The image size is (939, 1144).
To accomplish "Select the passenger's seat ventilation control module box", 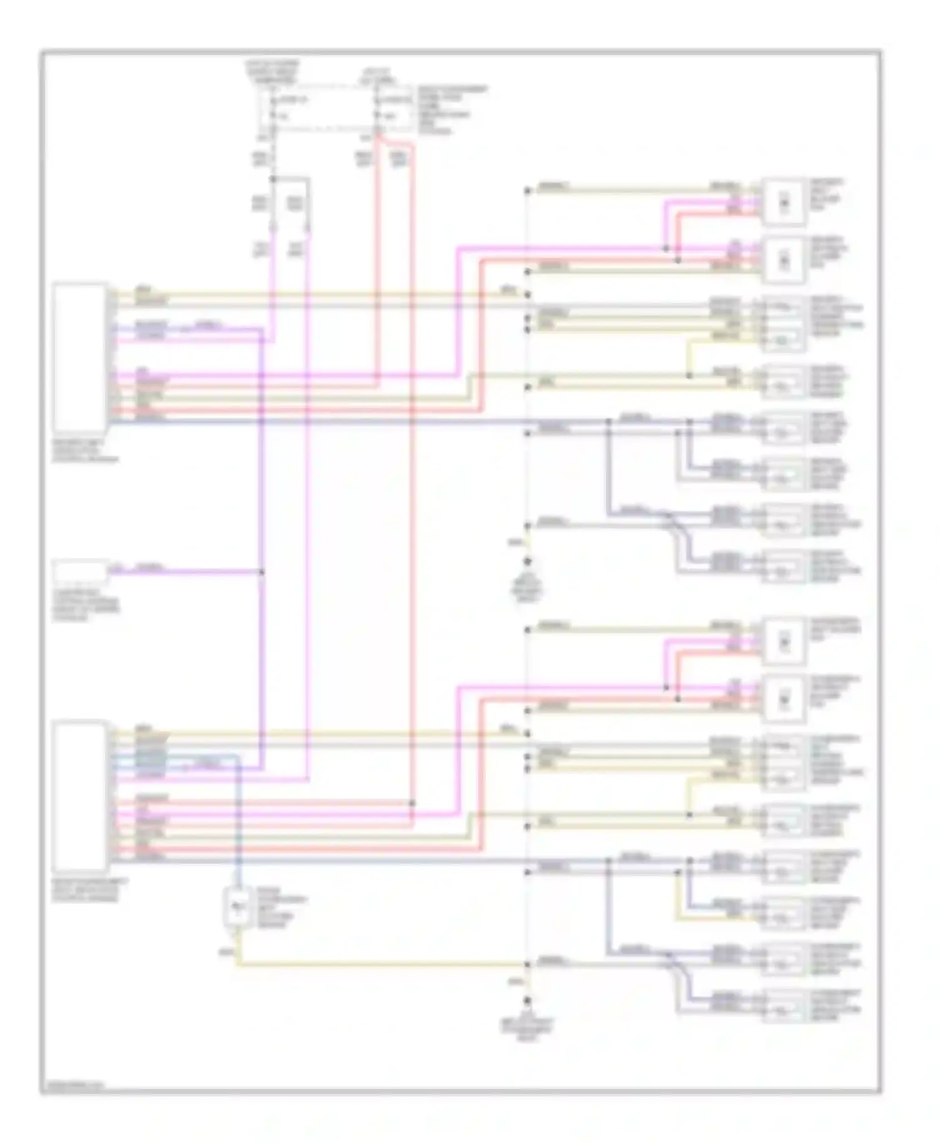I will tap(80, 796).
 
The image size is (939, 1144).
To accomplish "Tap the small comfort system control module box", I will tap(80, 571).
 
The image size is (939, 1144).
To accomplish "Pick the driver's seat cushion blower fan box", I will tap(784, 202).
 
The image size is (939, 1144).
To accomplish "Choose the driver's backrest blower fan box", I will tap(784, 257).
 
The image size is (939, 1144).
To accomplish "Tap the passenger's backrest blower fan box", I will tap(784, 697).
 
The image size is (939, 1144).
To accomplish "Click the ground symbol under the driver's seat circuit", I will tap(527, 561).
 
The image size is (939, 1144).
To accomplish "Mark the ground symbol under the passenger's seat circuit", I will tap(527, 1001).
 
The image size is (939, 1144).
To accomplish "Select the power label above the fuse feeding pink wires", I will tap(272, 73).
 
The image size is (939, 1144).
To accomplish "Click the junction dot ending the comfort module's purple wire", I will tap(261, 571).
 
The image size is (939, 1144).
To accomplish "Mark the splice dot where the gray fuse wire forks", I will tap(273, 179).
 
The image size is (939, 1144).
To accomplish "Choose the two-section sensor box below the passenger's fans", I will tap(782, 761).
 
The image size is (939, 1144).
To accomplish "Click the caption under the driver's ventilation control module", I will tap(85, 451).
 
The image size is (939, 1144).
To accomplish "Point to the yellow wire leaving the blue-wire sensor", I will tap(376, 966).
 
